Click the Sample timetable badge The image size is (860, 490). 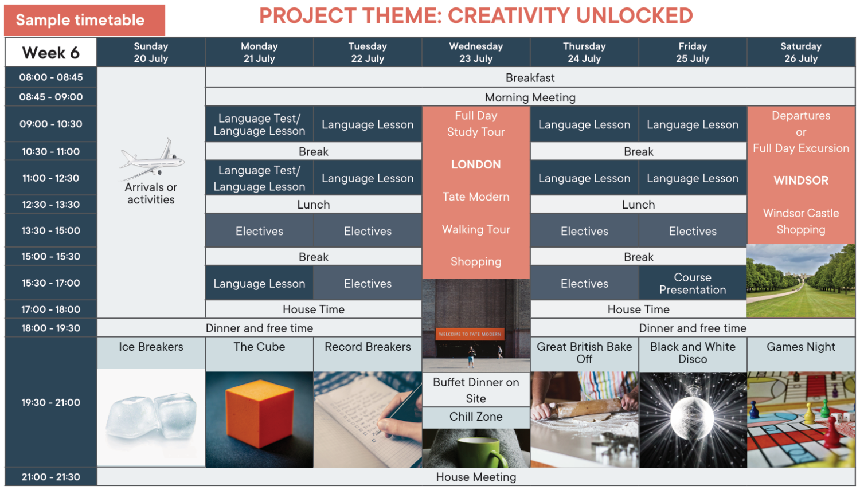[84, 20]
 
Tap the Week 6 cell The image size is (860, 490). [50, 53]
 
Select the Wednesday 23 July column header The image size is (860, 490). [476, 52]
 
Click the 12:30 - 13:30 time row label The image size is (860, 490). [50, 205]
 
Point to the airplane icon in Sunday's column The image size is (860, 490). [152, 159]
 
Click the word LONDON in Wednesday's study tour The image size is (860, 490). [476, 164]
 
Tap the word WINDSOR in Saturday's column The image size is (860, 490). [801, 181]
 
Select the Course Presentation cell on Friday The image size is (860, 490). [693, 283]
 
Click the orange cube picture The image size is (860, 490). [260, 414]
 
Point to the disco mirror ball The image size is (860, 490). [692, 418]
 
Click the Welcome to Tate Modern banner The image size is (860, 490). [470, 334]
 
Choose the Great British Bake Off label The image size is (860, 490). [584, 353]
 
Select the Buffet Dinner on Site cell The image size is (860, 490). [476, 390]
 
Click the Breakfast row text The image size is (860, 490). [530, 78]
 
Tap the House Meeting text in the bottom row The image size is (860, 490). [476, 477]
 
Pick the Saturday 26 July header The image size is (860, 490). [801, 52]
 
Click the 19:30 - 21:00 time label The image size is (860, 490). [50, 402]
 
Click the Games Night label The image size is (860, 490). [801, 347]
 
